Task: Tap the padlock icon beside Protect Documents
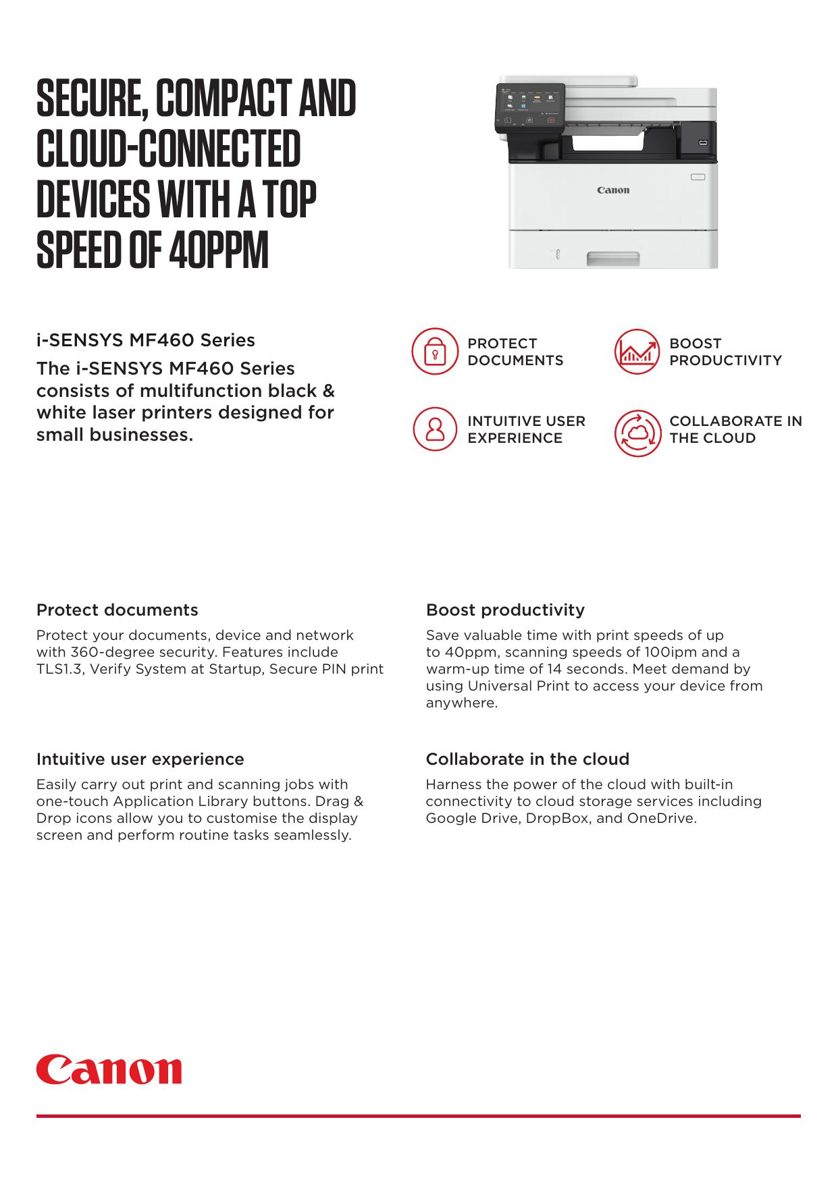click(x=434, y=352)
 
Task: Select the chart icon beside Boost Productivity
click(x=637, y=352)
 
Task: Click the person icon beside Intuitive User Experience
click(x=434, y=429)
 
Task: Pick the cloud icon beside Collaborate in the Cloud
click(x=637, y=433)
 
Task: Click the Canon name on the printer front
click(x=612, y=190)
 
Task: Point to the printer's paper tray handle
click(x=612, y=258)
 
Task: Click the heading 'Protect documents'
click(x=117, y=610)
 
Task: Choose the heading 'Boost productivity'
click(x=505, y=610)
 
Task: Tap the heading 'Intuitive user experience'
click(x=140, y=759)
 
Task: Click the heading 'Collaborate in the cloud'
click(x=527, y=759)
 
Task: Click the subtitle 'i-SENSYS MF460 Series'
click(x=145, y=340)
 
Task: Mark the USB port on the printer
click(x=703, y=143)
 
